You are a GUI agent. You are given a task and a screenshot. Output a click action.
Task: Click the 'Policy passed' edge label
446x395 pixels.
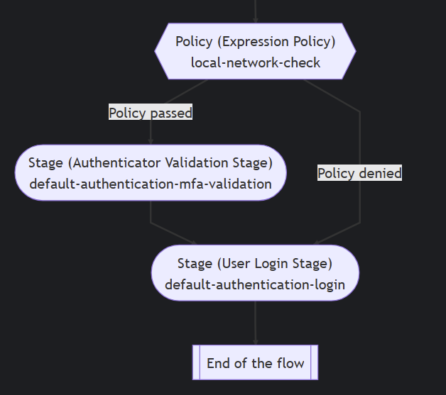click(151, 112)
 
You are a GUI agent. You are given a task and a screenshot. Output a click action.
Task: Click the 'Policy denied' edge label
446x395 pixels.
click(359, 173)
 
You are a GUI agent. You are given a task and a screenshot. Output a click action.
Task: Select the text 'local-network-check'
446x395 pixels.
click(255, 62)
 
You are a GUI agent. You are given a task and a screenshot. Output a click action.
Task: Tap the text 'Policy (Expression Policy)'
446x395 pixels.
click(255, 42)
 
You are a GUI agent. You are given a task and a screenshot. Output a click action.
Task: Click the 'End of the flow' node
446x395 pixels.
click(255, 363)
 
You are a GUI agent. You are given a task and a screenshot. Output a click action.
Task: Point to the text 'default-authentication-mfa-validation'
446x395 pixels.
click(151, 184)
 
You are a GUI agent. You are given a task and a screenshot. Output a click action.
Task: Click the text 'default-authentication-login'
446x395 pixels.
click(255, 284)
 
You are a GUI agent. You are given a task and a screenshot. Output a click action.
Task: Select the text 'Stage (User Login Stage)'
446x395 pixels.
click(255, 264)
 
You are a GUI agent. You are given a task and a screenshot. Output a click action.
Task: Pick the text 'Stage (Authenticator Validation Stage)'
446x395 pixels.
click(151, 163)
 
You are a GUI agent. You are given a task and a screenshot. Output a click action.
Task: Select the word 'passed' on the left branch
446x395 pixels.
click(171, 112)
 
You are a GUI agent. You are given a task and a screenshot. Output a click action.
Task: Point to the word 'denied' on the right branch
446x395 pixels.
click(380, 173)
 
